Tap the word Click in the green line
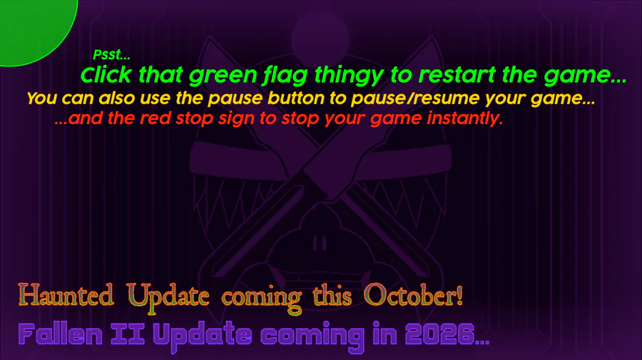pyautogui.click(x=106, y=75)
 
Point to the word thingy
pyautogui.click(x=349, y=76)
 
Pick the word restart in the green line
pyautogui.click(x=457, y=75)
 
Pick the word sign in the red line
pyautogui.click(x=237, y=119)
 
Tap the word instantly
pyautogui.click(x=464, y=118)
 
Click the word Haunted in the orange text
pyautogui.click(x=66, y=294)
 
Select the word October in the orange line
pyautogui.click(x=414, y=294)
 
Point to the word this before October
pyautogui.click(x=332, y=294)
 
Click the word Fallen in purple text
pyautogui.click(x=60, y=334)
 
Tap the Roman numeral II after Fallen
pyautogui.click(x=128, y=334)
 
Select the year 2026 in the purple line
pyautogui.click(x=440, y=334)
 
